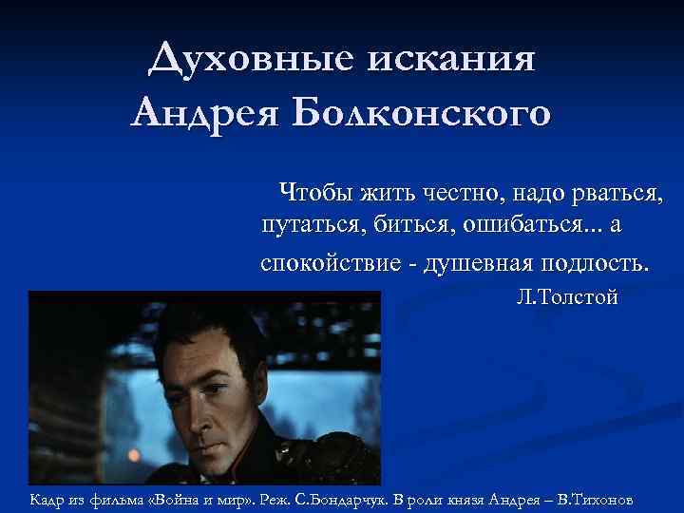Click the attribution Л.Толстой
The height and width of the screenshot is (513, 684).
[567, 297]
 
